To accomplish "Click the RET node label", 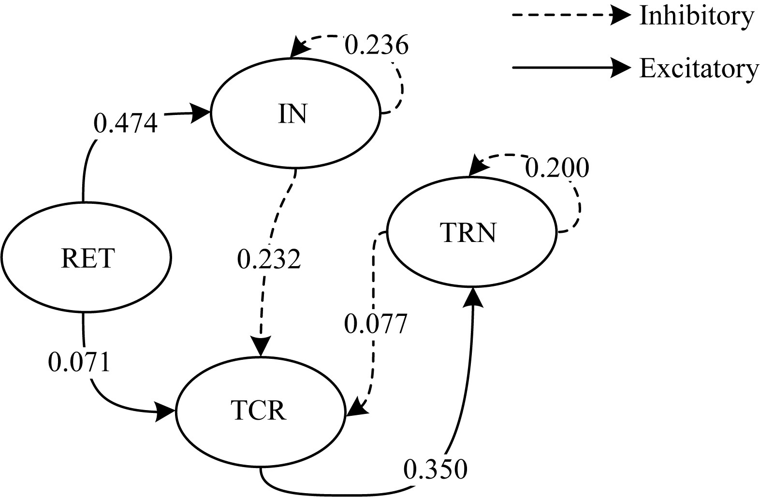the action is pos(88,258).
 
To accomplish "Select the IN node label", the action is pos(292,114).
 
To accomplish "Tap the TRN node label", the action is pos(470,233).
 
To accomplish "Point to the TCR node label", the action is pos(260,410).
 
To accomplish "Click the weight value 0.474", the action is pos(126,123).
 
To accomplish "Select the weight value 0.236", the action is pos(377,45).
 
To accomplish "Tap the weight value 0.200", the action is pos(557,168).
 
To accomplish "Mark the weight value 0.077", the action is pos(376,324).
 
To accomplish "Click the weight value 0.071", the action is pos(79,362).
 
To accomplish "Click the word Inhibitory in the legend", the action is pos(697,16).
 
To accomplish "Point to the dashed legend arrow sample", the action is pos(571,15).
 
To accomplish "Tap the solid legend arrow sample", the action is pos(571,68).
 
